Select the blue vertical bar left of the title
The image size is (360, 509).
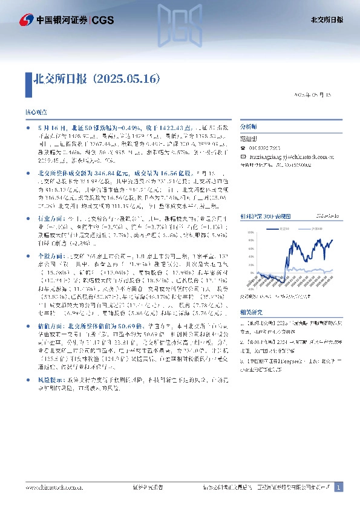coord(27,79)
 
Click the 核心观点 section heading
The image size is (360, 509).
coord(35,113)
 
